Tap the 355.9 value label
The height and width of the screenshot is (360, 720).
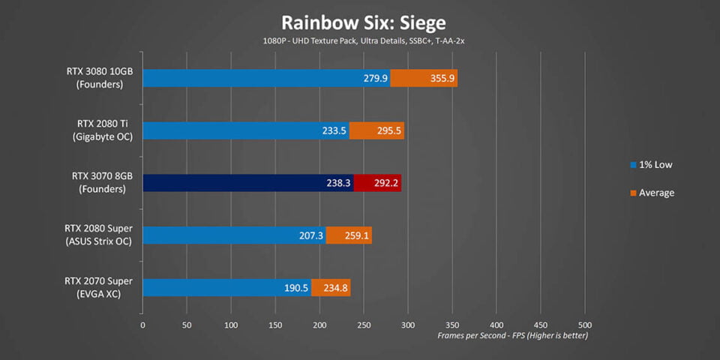442,79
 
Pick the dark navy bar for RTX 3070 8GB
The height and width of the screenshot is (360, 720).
248,183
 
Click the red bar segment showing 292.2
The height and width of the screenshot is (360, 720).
377,183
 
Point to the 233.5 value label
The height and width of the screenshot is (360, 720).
334,130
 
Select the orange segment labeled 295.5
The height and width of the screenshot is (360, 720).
376,130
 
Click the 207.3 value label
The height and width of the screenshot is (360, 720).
310,235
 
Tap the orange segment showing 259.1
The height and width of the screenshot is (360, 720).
349,235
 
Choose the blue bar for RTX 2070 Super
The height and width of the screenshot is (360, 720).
226,288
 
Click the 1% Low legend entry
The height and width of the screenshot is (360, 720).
651,165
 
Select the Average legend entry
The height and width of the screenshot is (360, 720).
652,193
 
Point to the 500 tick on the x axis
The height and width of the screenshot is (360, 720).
584,325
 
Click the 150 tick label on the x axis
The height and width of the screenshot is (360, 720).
275,325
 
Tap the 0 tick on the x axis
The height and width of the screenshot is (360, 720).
142,325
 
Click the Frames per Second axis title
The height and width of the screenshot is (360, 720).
512,336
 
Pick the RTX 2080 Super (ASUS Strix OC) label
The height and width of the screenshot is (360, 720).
99,235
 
